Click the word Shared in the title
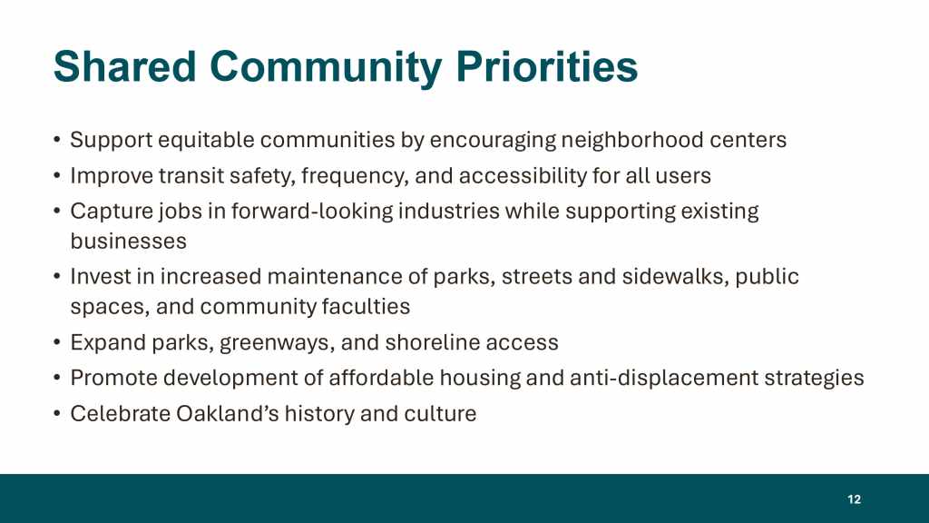point(125,66)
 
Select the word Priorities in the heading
point(547,66)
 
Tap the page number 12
point(854,499)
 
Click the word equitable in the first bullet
point(206,141)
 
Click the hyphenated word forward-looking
point(312,212)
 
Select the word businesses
point(129,242)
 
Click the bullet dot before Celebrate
point(57,413)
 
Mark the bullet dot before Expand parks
point(57,342)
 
